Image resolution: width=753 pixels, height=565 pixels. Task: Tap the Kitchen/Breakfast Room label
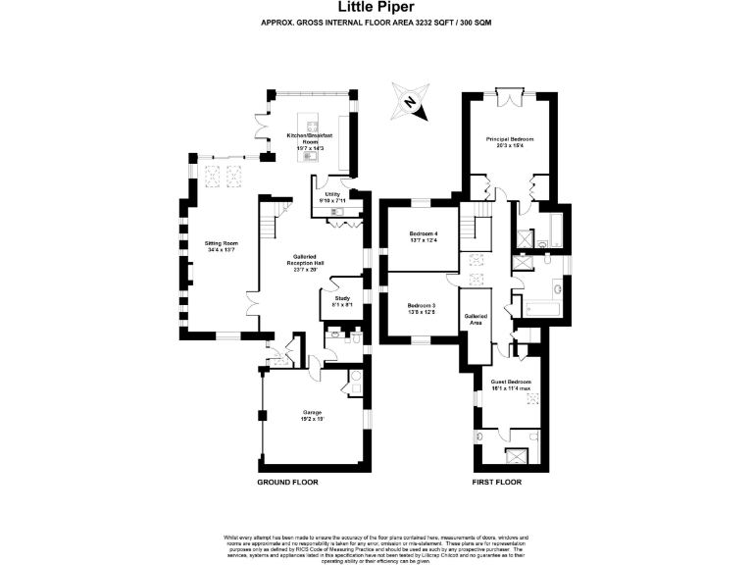(310, 137)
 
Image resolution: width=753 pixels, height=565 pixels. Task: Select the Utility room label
(330, 194)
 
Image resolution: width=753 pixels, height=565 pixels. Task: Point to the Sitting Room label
(222, 242)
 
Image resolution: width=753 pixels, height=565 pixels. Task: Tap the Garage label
(312, 413)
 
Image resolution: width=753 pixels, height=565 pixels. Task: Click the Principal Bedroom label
(510, 139)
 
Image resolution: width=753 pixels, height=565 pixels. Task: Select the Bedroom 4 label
(423, 232)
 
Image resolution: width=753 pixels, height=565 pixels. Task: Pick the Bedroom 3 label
(422, 305)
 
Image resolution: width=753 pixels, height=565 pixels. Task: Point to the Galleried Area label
(477, 318)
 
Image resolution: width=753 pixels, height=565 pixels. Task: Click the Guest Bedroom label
(511, 382)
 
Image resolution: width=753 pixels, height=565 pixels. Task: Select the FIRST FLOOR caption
(496, 483)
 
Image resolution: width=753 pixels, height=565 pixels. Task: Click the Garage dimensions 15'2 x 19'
(312, 419)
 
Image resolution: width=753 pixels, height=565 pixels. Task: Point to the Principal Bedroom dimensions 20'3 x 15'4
(510, 145)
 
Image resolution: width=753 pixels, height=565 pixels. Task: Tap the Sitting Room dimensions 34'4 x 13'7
(222, 249)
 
